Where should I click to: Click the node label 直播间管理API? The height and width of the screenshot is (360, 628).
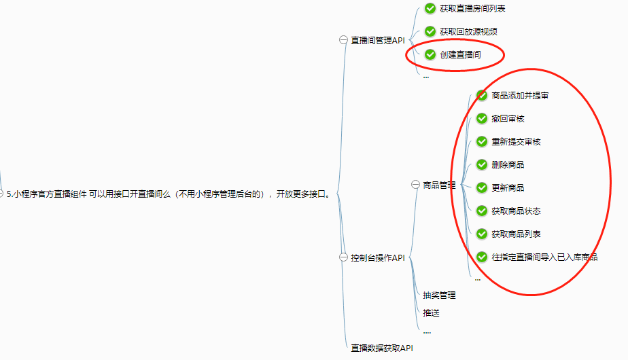click(378, 41)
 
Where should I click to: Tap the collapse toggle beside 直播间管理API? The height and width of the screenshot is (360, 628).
click(343, 40)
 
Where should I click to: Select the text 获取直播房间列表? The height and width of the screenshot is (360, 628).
click(472, 9)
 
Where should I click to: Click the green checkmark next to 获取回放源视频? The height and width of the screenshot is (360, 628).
click(430, 31)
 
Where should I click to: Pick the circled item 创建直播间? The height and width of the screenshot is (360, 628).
click(460, 54)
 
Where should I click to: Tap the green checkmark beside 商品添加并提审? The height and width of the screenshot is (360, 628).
click(482, 95)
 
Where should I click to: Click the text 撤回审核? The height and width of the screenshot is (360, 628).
click(508, 119)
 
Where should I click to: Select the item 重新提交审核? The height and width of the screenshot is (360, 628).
click(516, 142)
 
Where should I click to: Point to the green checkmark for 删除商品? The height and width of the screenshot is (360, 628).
click(482, 164)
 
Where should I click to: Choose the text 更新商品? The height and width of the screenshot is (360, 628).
click(508, 187)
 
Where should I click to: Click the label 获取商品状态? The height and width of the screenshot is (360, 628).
click(516, 211)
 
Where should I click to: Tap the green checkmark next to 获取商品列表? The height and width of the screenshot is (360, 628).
click(482, 234)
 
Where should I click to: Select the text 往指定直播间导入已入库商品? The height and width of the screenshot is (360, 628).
click(544, 257)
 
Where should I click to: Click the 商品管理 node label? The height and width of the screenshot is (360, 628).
click(439, 185)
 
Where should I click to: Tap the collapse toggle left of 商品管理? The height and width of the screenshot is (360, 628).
click(415, 184)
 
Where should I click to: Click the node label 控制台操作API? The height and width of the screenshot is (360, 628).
click(378, 257)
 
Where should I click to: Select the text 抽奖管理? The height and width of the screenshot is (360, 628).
click(439, 295)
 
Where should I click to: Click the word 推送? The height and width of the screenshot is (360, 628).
click(431, 313)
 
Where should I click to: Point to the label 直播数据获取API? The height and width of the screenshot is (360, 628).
click(382, 348)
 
